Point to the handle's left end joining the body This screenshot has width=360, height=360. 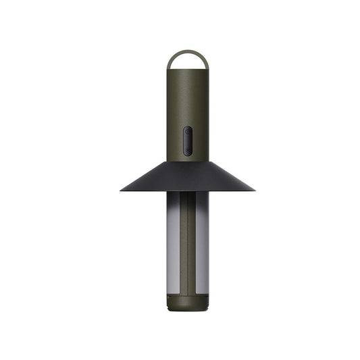[169, 68]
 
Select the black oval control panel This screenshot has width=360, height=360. [188, 140]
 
